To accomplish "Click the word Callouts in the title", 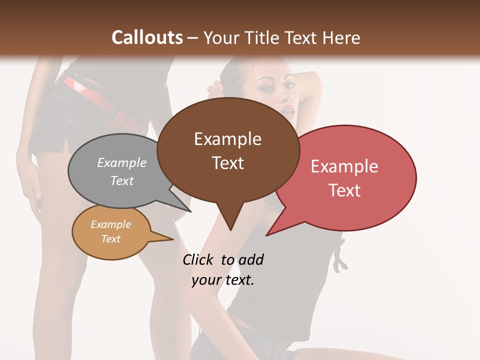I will click(147, 37).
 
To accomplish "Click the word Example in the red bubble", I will click(344, 166).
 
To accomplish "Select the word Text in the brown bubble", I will click(228, 163).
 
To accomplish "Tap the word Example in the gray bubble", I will click(121, 163).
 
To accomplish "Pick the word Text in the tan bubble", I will click(111, 239).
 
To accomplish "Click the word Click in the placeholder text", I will click(198, 259).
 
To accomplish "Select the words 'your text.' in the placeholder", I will click(223, 280).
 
